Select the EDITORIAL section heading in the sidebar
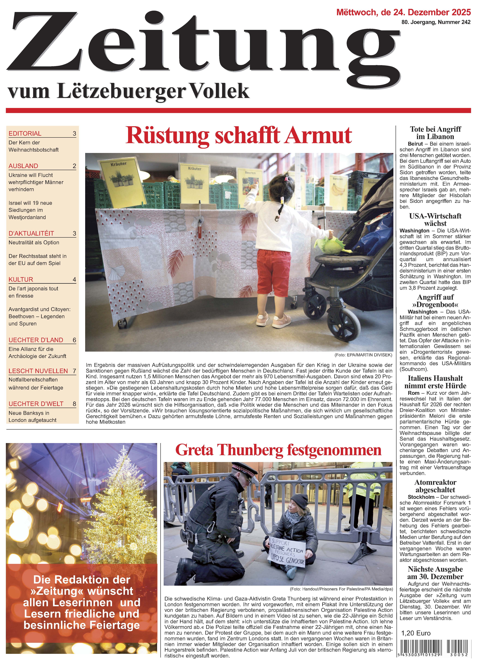click(25, 133)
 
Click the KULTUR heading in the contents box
click(21, 279)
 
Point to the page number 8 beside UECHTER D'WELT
click(74, 404)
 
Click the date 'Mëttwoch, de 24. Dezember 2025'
click(403, 12)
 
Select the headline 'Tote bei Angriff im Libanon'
click(435, 133)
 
